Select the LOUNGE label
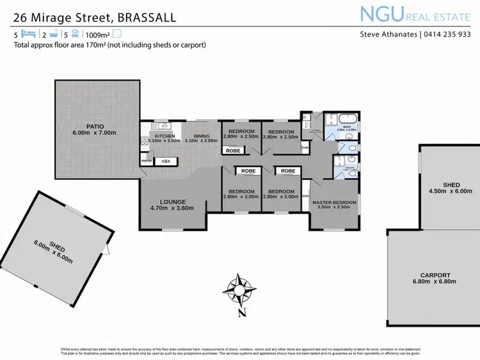(x=172, y=200)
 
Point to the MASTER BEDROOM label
(x=333, y=202)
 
